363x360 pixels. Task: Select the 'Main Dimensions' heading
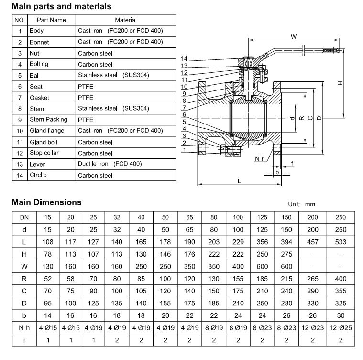(46, 202)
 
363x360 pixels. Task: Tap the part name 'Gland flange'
(47, 131)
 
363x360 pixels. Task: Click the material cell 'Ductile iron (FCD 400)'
(110, 164)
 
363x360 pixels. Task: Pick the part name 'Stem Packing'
(48, 119)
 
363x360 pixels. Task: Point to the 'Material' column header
(125, 20)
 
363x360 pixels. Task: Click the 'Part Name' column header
(52, 20)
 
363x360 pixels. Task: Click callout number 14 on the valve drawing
(184, 59)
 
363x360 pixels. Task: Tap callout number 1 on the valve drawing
(184, 150)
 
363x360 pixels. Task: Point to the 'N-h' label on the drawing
(260, 158)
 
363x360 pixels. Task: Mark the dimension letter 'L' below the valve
(239, 180)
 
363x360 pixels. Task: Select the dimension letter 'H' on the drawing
(340, 82)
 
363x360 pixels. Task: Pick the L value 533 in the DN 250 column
(340, 241)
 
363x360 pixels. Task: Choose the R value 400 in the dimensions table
(340, 278)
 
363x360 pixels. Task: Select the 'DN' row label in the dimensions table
(23, 216)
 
